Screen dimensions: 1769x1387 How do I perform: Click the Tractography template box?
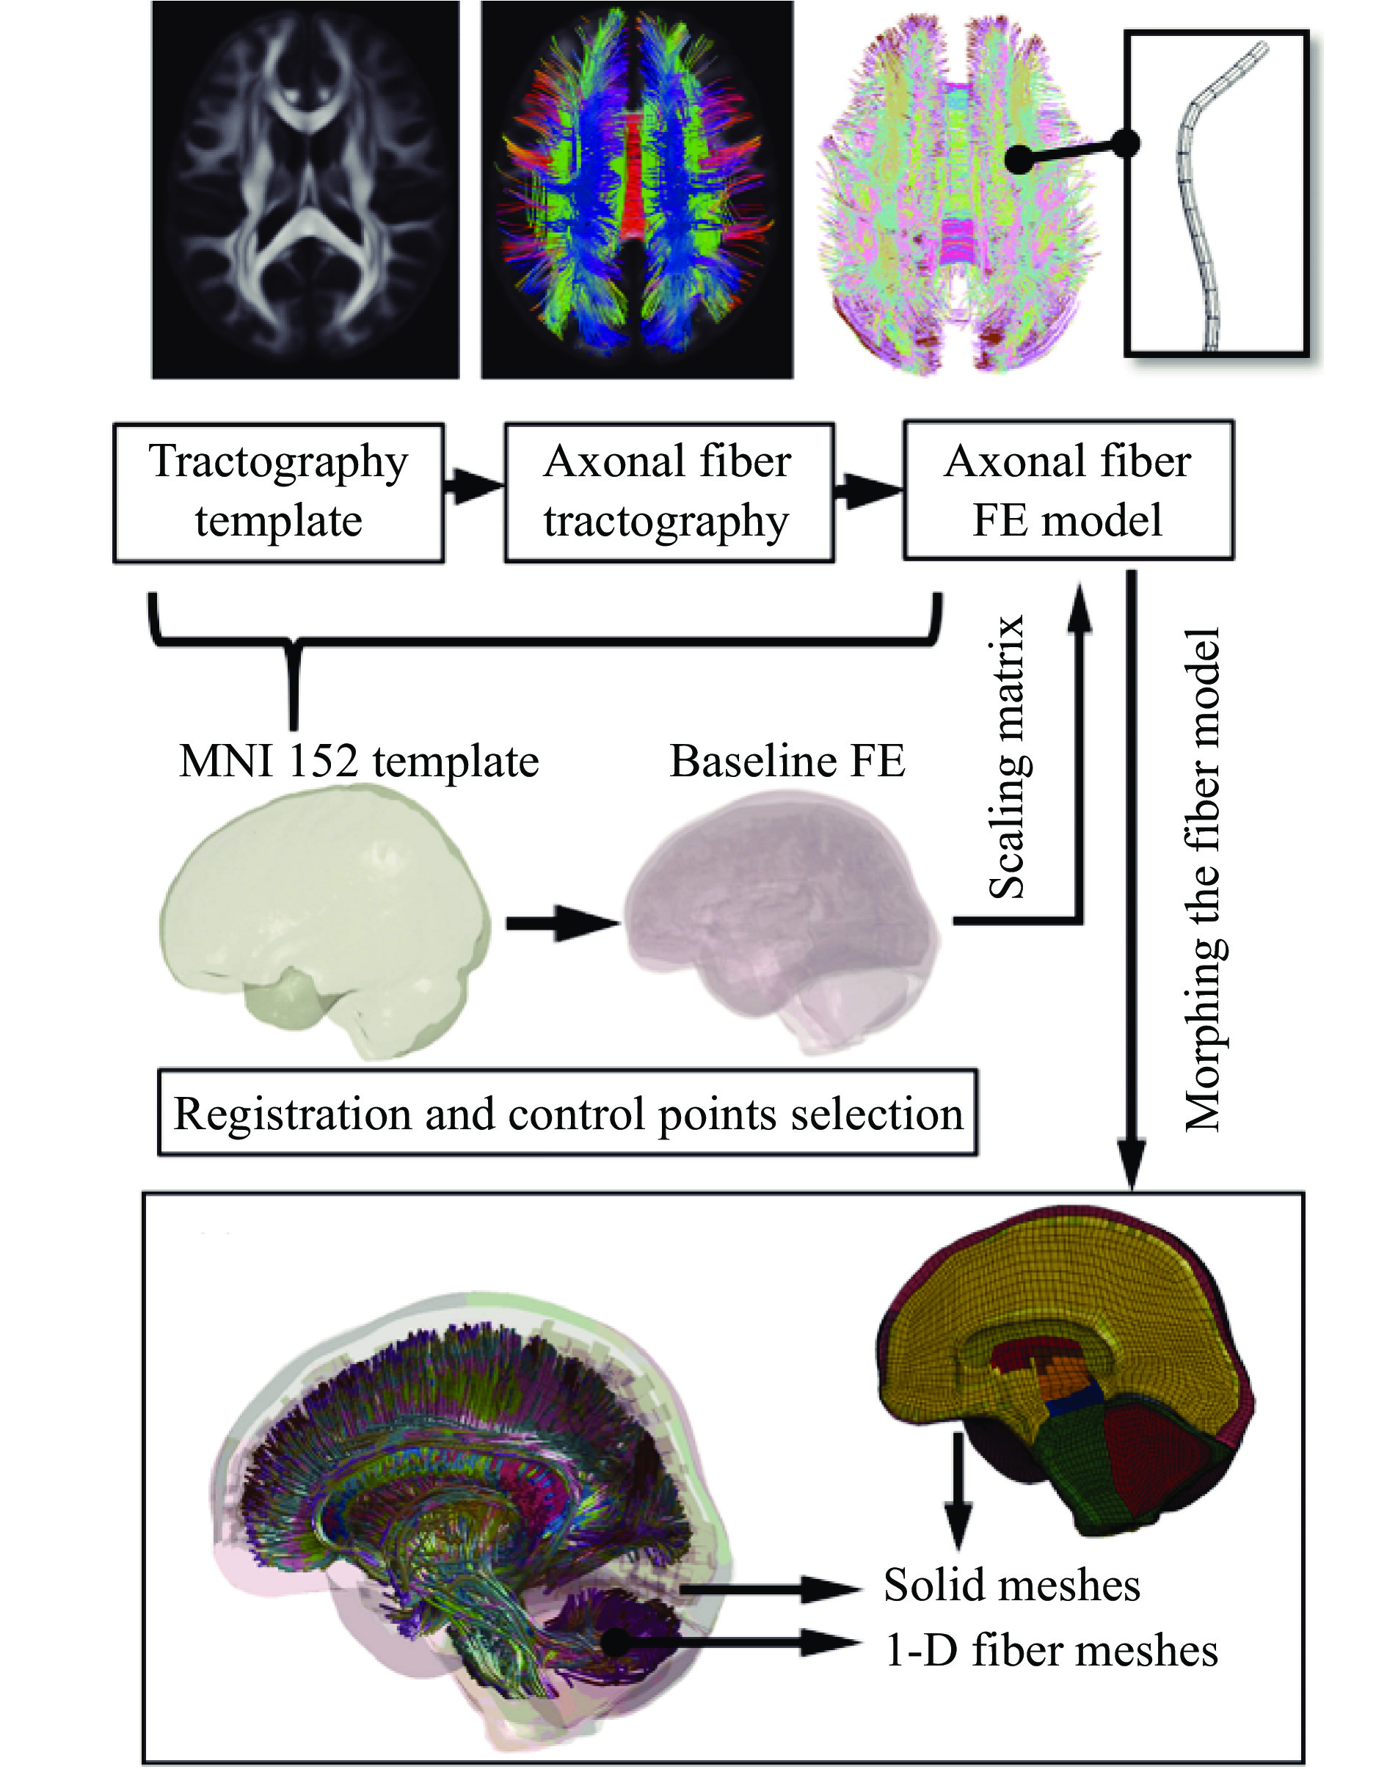[279, 492]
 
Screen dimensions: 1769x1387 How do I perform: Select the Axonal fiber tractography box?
[669, 492]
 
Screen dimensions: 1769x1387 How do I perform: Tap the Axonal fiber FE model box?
[1068, 490]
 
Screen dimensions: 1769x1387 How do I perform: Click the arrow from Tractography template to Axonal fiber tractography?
[474, 487]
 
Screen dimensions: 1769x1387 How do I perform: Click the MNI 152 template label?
[359, 762]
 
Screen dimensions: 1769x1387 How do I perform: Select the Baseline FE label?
[787, 762]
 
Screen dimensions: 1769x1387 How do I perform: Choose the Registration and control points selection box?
[567, 1113]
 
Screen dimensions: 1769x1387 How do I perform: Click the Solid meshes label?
[1012, 1586]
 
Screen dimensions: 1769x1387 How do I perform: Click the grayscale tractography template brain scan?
[305, 190]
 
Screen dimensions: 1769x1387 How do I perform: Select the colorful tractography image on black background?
[637, 190]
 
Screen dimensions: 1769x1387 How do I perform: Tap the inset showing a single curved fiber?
[1217, 193]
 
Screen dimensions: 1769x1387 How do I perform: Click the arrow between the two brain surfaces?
[562, 923]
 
